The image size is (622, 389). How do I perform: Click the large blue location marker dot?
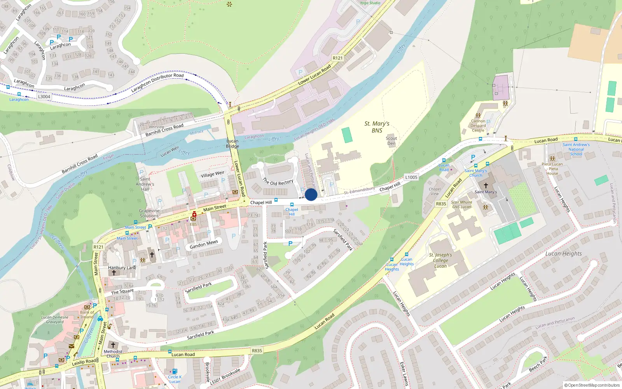click(311, 194)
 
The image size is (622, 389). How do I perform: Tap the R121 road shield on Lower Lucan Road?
click(337, 58)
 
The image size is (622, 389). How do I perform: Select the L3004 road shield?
click(44, 96)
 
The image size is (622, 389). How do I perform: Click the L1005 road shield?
click(411, 177)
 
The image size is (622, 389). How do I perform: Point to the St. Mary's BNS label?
click(377, 127)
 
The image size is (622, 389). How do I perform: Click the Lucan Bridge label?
click(232, 144)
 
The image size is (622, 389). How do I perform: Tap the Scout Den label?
click(391, 141)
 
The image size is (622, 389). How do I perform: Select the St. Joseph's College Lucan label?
click(440, 260)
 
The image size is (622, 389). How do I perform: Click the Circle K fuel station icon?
click(175, 371)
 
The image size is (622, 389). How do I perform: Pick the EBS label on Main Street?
click(193, 224)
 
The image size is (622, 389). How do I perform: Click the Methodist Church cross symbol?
click(113, 345)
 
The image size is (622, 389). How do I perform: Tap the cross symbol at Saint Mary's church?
click(486, 186)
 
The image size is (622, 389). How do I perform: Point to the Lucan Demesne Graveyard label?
click(55, 319)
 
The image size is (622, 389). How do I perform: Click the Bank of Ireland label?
click(87, 314)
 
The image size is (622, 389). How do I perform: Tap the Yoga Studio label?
click(370, 3)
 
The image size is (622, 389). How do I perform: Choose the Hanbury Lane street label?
click(122, 268)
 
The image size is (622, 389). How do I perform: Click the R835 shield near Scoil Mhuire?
click(441, 203)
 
